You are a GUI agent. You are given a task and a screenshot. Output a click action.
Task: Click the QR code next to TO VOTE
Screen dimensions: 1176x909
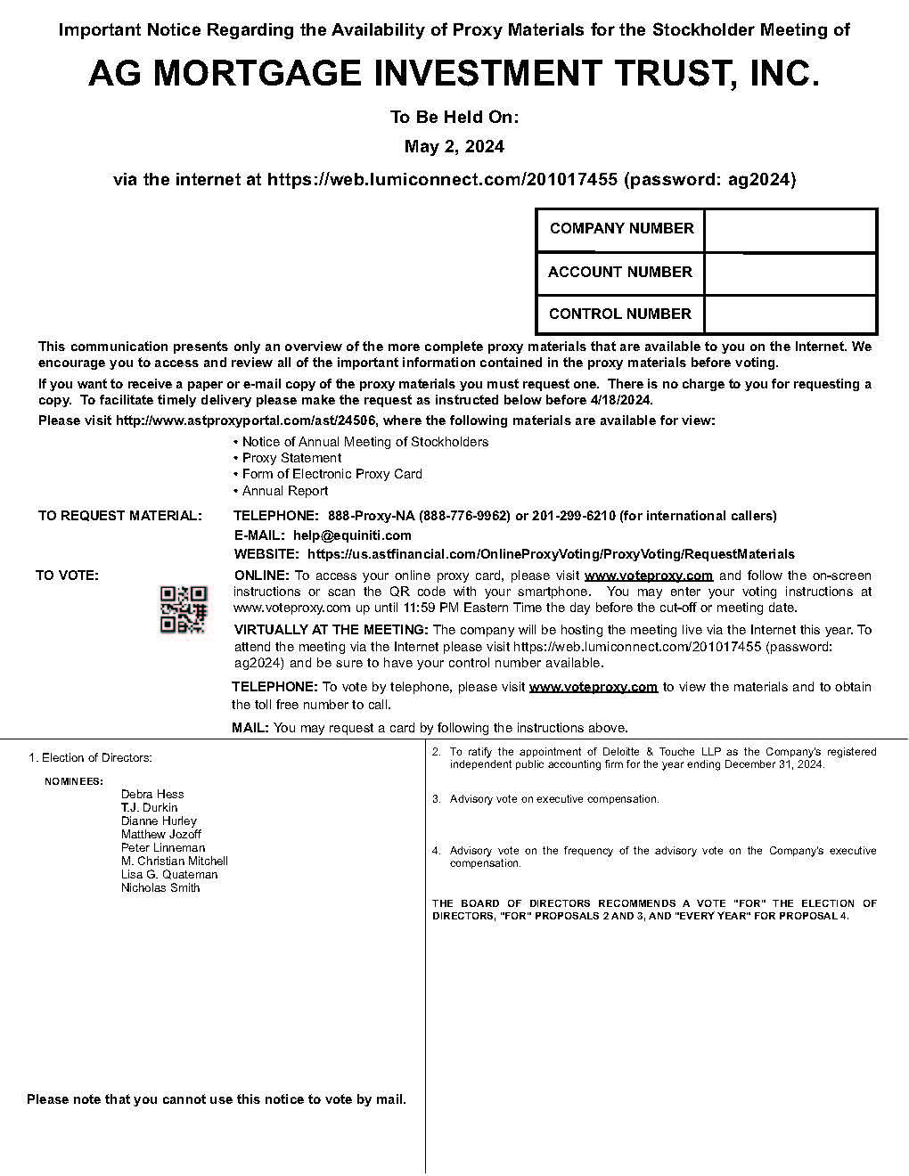tap(183, 609)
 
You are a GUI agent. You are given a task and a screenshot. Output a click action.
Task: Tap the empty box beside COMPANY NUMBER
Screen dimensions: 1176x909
tap(790, 230)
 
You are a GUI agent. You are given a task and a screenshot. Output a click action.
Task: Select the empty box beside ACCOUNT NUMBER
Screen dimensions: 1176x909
tap(790, 274)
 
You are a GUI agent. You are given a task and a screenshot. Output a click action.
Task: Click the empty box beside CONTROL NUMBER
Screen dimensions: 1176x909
tap(790, 314)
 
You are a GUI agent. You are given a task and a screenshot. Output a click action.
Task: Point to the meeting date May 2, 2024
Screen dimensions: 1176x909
tap(454, 147)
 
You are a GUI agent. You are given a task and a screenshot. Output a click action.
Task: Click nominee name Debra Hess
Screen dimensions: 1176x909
tap(152, 794)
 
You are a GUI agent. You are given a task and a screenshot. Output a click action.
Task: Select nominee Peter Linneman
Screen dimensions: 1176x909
tap(163, 847)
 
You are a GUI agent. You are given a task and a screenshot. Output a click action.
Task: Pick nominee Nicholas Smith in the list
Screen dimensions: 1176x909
tap(160, 887)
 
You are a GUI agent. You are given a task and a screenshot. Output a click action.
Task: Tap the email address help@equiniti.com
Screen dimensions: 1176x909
tap(352, 535)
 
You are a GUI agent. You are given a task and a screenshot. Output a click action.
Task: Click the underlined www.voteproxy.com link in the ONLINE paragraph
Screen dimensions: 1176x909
tap(648, 576)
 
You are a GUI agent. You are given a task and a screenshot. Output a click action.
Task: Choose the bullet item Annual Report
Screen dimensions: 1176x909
tap(285, 491)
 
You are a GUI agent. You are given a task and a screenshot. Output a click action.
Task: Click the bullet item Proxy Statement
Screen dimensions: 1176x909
tap(291, 458)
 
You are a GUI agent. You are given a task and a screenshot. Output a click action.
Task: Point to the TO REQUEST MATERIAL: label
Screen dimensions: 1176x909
tap(119, 516)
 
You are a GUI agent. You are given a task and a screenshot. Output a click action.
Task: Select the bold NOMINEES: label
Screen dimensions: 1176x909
tap(74, 781)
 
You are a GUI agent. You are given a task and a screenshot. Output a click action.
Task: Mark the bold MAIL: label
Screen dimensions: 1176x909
tap(250, 728)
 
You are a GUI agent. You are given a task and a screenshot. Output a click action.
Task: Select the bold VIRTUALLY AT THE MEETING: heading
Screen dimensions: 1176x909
tap(331, 630)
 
